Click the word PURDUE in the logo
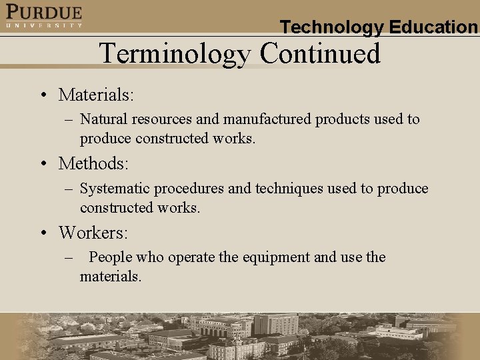pyautogui.click(x=44, y=12)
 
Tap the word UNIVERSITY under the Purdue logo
pyautogui.click(x=44, y=25)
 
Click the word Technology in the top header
pyautogui.click(x=331, y=27)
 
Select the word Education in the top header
pyautogui.click(x=433, y=27)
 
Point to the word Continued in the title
pyautogui.click(x=320, y=53)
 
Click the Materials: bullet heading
pyautogui.click(x=96, y=95)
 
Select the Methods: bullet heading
pyautogui.click(x=93, y=163)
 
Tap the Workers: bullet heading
pyautogui.click(x=93, y=233)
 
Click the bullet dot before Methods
pyautogui.click(x=42, y=164)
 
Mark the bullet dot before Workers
pyautogui.click(x=42, y=233)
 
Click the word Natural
pyautogui.click(x=103, y=119)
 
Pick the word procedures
pyautogui.click(x=188, y=189)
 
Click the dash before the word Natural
pyautogui.click(x=69, y=120)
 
